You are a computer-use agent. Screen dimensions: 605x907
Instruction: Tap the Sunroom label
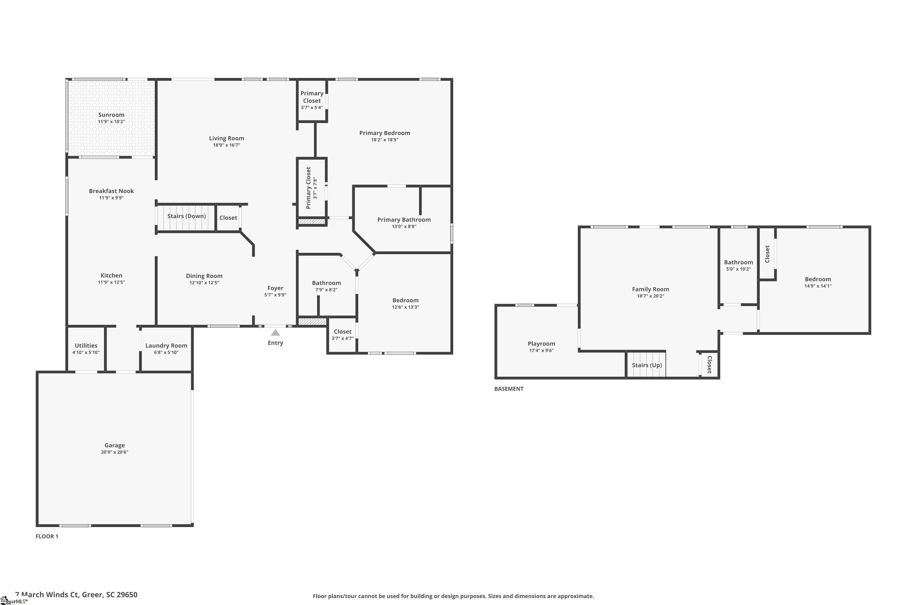[x=111, y=115]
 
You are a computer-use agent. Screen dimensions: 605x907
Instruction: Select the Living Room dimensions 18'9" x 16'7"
[x=226, y=145]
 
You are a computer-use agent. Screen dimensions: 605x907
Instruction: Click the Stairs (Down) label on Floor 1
[x=186, y=216]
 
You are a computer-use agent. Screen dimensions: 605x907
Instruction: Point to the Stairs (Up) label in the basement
[x=647, y=365]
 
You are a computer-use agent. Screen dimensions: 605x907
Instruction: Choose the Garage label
[x=115, y=445]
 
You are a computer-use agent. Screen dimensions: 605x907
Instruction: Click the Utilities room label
[x=86, y=346]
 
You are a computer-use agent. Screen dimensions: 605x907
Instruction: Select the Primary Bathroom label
[x=404, y=220]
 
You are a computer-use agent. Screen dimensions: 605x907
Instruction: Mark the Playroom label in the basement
[x=541, y=344]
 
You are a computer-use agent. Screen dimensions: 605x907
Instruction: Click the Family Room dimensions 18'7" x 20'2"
[x=650, y=296]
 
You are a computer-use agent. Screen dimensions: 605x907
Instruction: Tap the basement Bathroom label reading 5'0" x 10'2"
[x=738, y=262]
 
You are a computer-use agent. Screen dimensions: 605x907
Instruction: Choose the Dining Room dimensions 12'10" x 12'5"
[x=204, y=283]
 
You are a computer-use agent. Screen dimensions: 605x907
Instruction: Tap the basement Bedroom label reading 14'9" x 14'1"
[x=818, y=279]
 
